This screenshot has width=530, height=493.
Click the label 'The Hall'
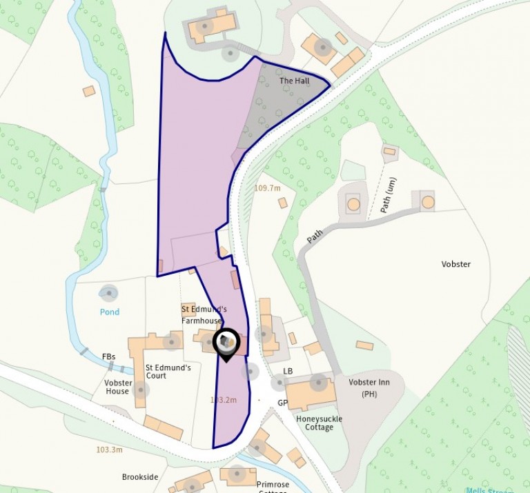[x=294, y=81]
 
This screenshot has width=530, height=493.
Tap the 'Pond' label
[x=109, y=312]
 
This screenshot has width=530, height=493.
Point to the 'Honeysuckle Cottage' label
[x=319, y=423]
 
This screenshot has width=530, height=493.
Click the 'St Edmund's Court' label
[x=168, y=372]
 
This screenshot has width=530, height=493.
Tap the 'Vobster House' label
[x=117, y=387]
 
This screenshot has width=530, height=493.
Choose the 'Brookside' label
[x=140, y=477]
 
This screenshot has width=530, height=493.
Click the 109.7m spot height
[x=267, y=188]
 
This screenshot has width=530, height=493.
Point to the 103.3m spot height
[x=109, y=450]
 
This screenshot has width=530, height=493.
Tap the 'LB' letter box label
[x=288, y=372]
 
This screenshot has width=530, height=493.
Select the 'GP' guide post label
[x=282, y=403]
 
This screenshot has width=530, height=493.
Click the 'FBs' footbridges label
[x=108, y=356]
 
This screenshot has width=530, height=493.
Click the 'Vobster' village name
[x=455, y=264]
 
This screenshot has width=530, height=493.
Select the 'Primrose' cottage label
[x=272, y=485]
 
